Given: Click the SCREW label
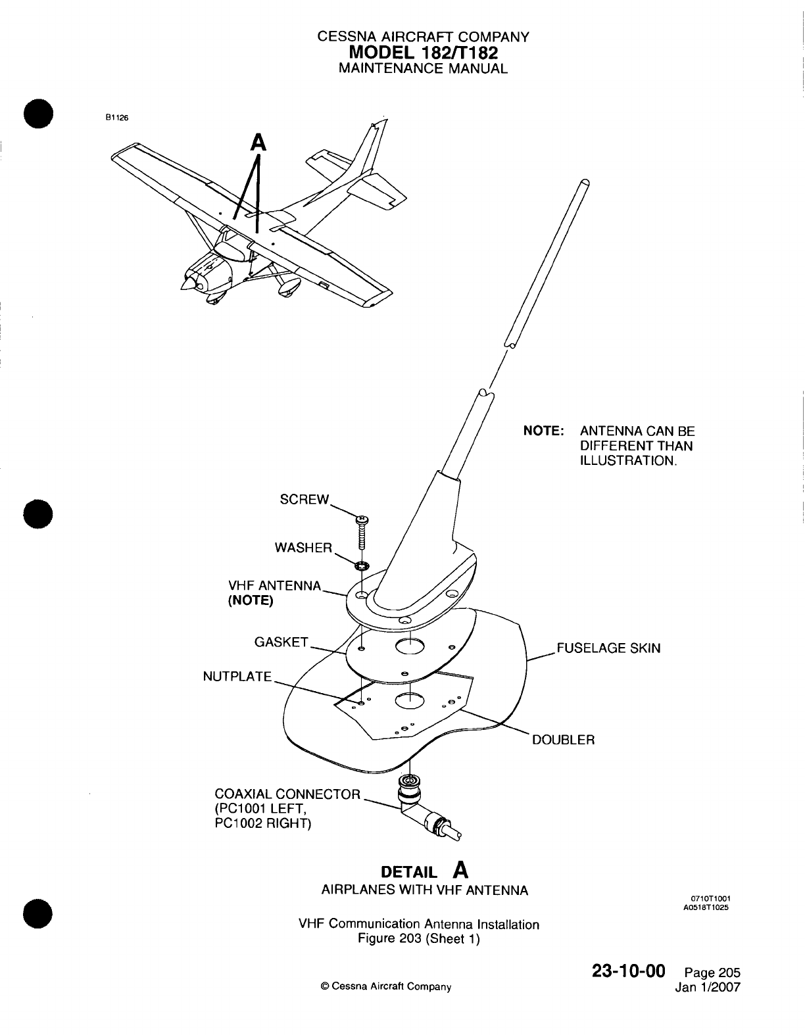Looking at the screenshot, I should [303, 499].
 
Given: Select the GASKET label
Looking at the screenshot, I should [281, 642].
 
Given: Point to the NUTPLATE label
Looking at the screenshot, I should [237, 676].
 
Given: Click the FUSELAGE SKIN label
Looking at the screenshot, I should [608, 648].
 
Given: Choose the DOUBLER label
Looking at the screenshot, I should [563, 740].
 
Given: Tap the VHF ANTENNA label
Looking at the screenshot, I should [274, 585].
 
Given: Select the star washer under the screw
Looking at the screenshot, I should [361, 566].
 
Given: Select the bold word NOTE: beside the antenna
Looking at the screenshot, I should [543, 431].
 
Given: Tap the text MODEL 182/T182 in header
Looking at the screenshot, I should [422, 53].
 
